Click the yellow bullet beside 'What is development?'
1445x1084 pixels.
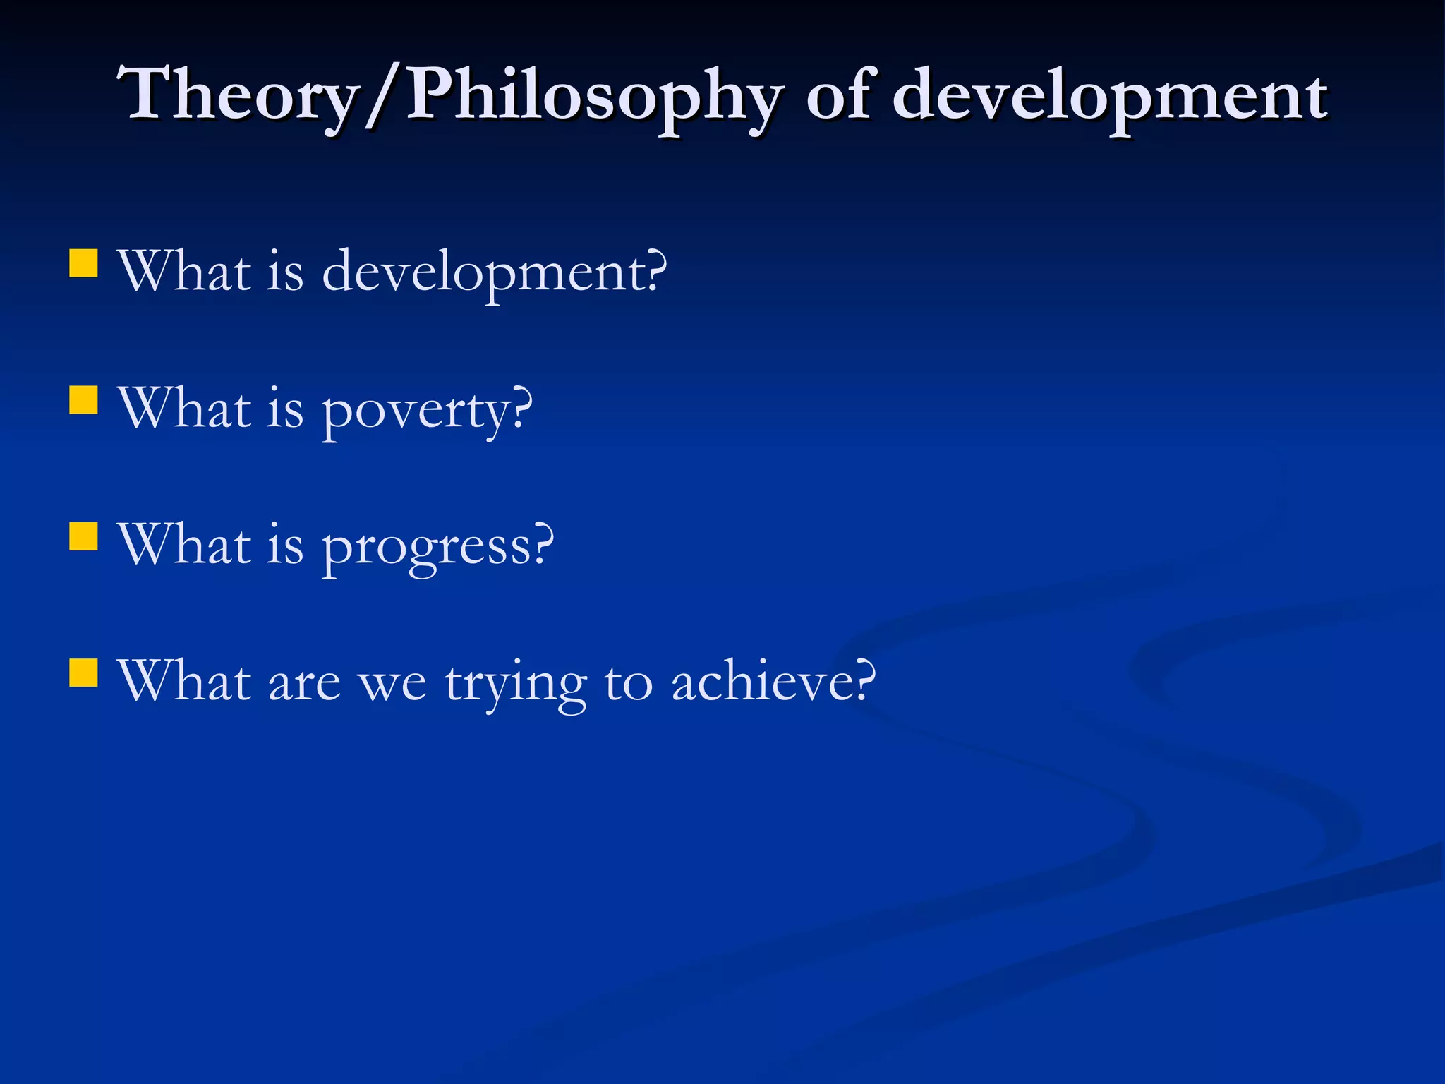click(x=83, y=263)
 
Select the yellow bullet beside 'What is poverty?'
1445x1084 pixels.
click(x=83, y=399)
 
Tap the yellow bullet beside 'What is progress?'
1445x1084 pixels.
click(x=83, y=536)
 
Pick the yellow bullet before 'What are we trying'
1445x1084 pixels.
click(x=83, y=673)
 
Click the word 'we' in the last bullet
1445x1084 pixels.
click(x=392, y=683)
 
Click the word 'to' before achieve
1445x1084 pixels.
click(x=628, y=683)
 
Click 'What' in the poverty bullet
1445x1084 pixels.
click(x=185, y=408)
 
